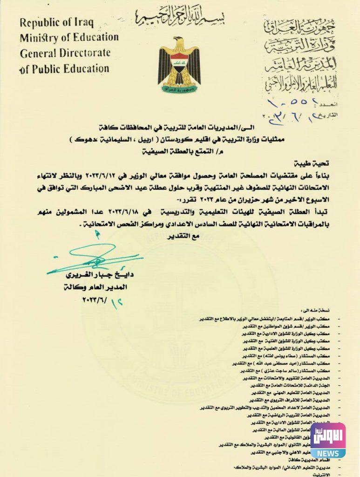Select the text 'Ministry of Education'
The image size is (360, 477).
click(69, 38)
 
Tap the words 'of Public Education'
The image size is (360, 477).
click(64, 69)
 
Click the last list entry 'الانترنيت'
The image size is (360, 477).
click(321, 474)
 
